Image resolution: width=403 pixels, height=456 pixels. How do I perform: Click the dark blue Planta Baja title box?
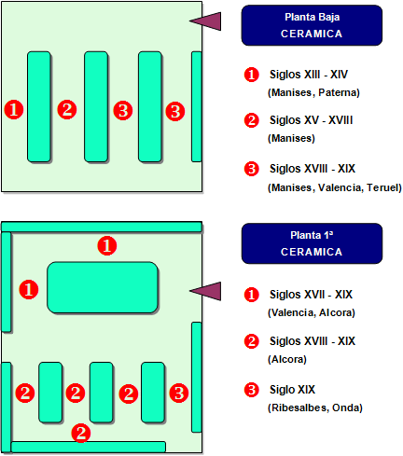click(312, 25)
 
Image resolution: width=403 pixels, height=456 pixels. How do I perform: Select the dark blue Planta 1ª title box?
click(312, 243)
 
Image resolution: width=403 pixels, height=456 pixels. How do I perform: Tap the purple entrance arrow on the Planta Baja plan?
click(205, 21)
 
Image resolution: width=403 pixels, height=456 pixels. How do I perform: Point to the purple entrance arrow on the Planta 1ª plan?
click(205, 291)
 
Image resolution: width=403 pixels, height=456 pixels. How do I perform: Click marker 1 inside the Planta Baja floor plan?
click(14, 109)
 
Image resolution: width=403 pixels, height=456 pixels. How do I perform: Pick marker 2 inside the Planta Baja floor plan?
click(67, 109)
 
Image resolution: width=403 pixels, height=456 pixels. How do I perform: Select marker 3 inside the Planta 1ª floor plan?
click(179, 393)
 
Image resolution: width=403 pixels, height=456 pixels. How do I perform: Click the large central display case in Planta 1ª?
click(103, 287)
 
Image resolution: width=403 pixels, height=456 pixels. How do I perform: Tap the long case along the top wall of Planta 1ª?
click(102, 227)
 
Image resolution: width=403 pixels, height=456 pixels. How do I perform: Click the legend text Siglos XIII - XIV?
click(309, 75)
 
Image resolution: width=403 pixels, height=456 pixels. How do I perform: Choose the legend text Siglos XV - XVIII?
click(311, 120)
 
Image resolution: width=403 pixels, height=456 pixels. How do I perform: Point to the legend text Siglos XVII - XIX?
click(311, 295)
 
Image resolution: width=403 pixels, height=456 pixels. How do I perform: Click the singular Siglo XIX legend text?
click(292, 390)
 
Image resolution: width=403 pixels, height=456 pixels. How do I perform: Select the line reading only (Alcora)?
click(287, 359)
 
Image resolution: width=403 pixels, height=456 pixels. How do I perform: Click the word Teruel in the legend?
click(384, 187)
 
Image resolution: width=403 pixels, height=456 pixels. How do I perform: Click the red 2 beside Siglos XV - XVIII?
click(252, 120)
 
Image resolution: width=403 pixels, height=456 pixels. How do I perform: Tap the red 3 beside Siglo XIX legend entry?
click(252, 390)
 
